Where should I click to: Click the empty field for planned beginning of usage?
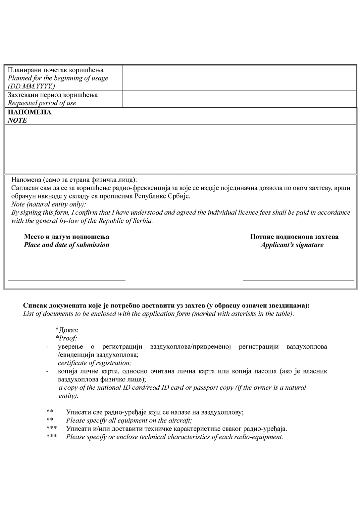(x=239, y=78)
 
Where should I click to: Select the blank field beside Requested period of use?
(x=239, y=99)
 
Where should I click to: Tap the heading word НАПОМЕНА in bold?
(x=29, y=112)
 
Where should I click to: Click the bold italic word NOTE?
(x=18, y=121)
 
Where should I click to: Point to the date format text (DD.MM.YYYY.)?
(x=31, y=86)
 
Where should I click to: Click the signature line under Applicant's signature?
(x=298, y=280)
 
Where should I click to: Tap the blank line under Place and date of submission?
(x=67, y=280)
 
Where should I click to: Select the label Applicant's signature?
(x=292, y=245)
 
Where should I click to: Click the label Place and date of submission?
(x=67, y=245)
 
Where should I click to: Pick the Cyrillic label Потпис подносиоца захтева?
(x=294, y=237)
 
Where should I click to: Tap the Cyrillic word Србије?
(x=180, y=196)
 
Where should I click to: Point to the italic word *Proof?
(x=67, y=338)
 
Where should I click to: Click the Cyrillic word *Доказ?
(x=67, y=330)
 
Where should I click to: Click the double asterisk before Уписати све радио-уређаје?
(x=50, y=412)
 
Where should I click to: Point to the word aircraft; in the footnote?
(x=181, y=421)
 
